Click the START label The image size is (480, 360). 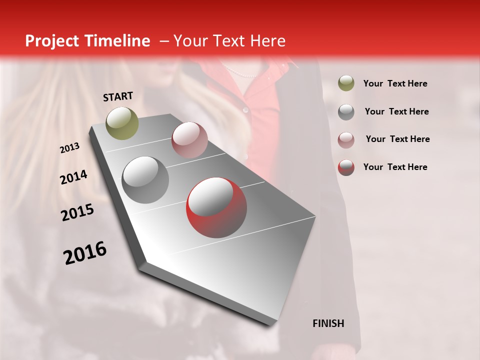(118, 96)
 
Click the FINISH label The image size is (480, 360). (328, 323)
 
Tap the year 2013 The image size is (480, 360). (69, 148)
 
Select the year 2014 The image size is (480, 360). (73, 177)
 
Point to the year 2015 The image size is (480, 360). (77, 213)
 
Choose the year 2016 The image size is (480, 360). (85, 253)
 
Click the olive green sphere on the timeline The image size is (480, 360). (122, 123)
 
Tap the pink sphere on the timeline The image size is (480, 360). (189, 140)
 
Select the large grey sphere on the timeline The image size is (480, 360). (145, 180)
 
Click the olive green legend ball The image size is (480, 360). (346, 83)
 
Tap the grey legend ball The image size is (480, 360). (346, 111)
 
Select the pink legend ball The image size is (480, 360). (346, 139)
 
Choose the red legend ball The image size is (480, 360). (346, 167)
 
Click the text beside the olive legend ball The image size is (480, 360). (395, 83)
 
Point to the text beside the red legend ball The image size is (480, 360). (395, 167)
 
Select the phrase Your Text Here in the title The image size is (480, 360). (229, 41)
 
